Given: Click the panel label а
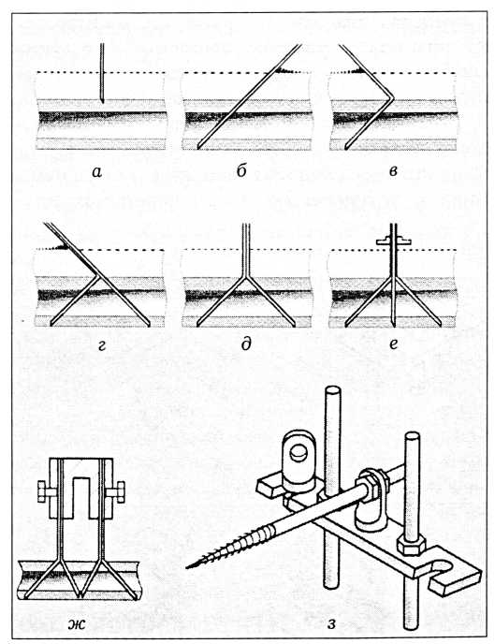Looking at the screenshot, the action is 97,172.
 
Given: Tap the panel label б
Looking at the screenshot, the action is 241,170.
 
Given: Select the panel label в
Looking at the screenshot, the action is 393,171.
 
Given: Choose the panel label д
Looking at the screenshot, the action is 246,344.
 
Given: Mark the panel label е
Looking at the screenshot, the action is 393,344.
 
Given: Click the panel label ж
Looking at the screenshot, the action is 77,624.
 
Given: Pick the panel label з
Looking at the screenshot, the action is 332,624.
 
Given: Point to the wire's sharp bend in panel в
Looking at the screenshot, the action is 392,97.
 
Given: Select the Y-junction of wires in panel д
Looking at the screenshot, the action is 245,278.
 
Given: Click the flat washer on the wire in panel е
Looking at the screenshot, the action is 394,241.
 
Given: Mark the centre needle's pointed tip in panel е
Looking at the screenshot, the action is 394,325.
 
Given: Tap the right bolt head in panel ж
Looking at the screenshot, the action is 119,492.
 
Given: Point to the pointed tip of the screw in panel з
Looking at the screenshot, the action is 188,567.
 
